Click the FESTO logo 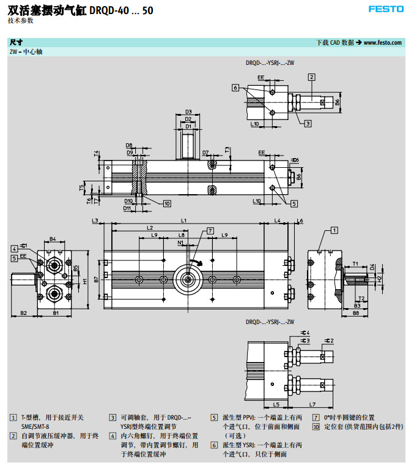click(x=386, y=9)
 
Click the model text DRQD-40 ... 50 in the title click(x=124, y=10)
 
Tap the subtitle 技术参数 click(x=21, y=20)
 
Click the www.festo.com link click(x=383, y=42)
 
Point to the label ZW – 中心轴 click(x=26, y=52)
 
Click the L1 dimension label click(x=183, y=220)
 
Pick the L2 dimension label click(x=150, y=228)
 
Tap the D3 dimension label click(x=188, y=111)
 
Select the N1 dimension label click(x=181, y=243)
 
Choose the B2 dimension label click(x=23, y=313)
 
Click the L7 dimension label click(x=312, y=404)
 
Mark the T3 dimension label click(x=227, y=149)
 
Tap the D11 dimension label click(x=128, y=208)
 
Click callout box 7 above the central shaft click(x=210, y=230)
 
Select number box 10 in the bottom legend click(x=316, y=426)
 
